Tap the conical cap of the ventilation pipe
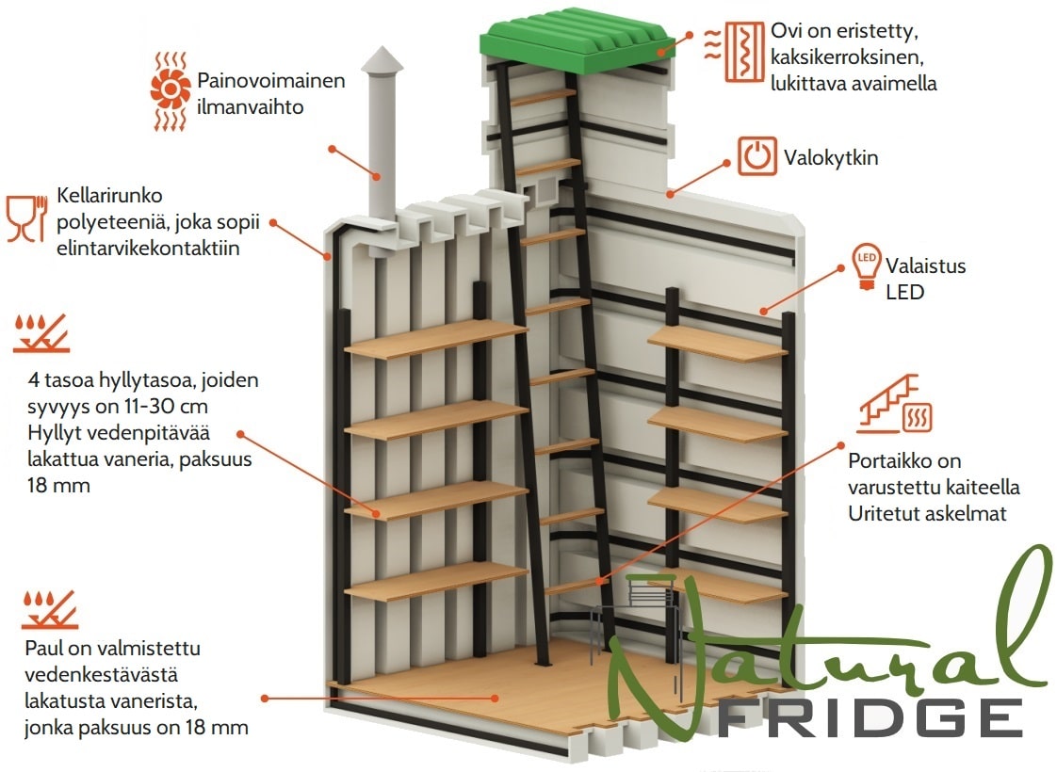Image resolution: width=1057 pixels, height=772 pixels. (x=382, y=60)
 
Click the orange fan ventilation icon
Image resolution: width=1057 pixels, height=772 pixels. (x=170, y=89)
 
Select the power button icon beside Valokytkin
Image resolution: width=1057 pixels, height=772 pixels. (x=757, y=155)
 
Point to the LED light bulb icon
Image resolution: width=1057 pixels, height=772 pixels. (x=867, y=266)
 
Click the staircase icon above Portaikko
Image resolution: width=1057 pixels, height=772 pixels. (x=895, y=403)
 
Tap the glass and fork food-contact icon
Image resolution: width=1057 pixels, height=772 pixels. (x=27, y=218)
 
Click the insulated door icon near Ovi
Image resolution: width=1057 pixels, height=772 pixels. (x=735, y=52)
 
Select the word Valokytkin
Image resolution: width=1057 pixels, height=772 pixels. (x=831, y=157)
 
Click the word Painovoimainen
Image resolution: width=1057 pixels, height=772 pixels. (x=271, y=80)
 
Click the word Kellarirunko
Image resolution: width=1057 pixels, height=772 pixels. (x=109, y=196)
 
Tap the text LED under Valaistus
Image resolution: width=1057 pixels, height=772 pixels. (x=904, y=293)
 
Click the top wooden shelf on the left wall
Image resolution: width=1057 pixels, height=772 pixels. (x=435, y=339)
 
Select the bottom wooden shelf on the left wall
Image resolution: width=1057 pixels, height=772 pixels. (x=435, y=582)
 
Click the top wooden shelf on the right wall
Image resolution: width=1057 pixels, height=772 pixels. (x=717, y=344)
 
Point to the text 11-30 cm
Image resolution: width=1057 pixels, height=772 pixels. (x=165, y=406)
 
